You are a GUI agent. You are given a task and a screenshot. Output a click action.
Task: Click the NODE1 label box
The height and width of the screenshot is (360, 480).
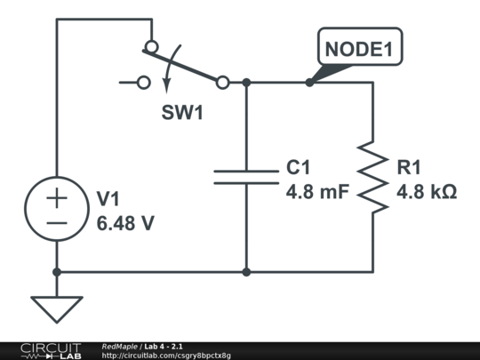(360, 50)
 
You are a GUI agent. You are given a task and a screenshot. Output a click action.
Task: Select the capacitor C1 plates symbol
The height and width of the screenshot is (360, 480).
(246, 176)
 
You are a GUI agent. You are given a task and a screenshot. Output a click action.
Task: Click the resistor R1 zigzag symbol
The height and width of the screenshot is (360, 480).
(373, 178)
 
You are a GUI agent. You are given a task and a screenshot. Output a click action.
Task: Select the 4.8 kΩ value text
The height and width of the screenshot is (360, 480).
(428, 190)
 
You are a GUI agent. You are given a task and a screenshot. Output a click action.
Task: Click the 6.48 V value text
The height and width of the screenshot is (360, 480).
(125, 223)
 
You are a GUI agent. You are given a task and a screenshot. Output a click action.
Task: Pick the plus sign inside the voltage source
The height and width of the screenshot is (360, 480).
(57, 199)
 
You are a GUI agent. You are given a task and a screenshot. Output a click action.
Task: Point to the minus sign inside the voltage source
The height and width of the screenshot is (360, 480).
(57, 224)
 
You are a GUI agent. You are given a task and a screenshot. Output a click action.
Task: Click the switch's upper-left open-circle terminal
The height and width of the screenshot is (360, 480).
(151, 46)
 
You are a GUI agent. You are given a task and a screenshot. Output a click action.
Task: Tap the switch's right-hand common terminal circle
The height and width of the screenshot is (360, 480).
(222, 83)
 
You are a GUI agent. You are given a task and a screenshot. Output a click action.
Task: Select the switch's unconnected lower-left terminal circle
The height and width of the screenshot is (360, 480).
(145, 83)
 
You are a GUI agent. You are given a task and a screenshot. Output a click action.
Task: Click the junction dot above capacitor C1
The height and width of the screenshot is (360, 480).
(246, 83)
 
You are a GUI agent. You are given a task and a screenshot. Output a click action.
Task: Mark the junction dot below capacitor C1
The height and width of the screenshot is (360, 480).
(246, 272)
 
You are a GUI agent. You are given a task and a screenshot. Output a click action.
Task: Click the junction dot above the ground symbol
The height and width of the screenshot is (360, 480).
(57, 272)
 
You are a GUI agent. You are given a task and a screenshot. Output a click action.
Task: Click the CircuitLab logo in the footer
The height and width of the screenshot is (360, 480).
(50, 351)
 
